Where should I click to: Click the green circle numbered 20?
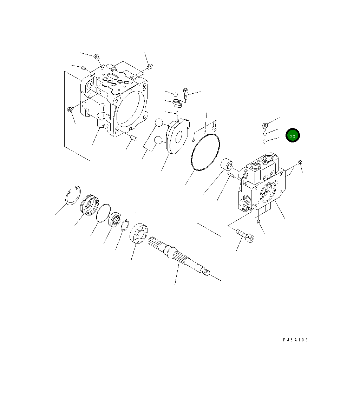click(x=292, y=135)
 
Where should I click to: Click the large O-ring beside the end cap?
click(x=206, y=153)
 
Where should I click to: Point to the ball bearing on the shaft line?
click(x=115, y=220)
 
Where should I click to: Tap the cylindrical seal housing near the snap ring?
click(x=89, y=204)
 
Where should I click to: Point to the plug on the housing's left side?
click(x=70, y=110)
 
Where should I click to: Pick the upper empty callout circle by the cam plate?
click(x=159, y=122)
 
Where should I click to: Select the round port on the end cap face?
click(x=268, y=193)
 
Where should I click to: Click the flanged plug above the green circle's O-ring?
click(x=265, y=125)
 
